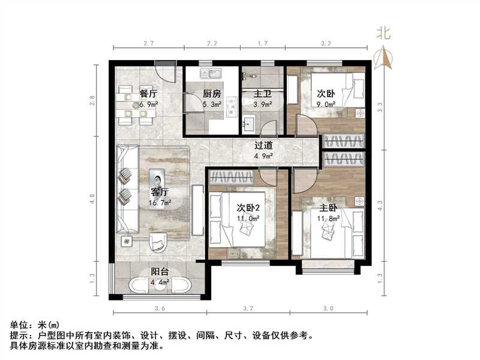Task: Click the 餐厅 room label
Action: pyautogui.click(x=148, y=94)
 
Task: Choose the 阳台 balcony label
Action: pyautogui.click(x=159, y=271)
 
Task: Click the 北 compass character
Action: pyautogui.click(x=383, y=33)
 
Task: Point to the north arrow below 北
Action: pyautogui.click(x=383, y=58)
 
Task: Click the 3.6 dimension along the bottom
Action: pyautogui.click(x=159, y=308)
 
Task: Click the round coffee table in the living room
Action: pyautogui.click(x=158, y=178)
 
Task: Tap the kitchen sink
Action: pyautogui.click(x=211, y=74)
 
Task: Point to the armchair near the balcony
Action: pyautogui.click(x=157, y=242)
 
